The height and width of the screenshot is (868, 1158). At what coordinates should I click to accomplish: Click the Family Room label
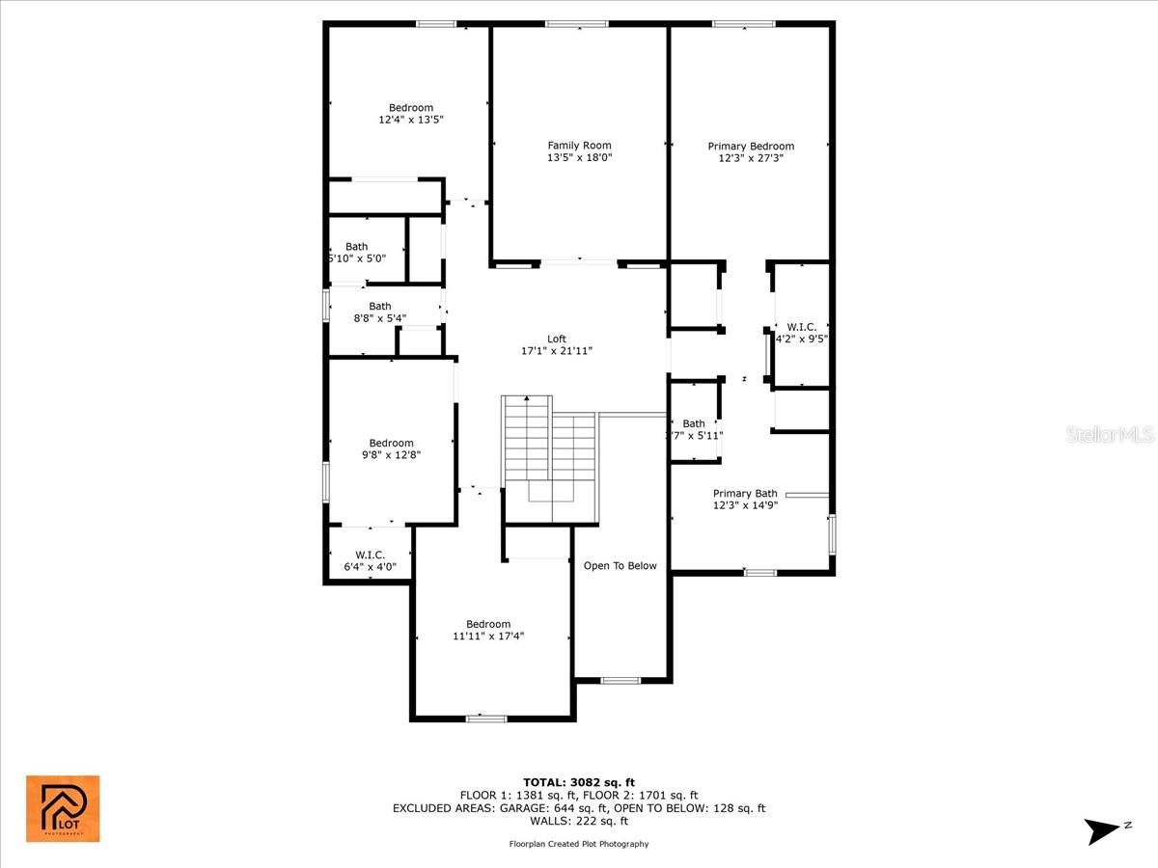579,146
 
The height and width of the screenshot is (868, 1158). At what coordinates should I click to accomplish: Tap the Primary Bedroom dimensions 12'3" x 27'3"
751,158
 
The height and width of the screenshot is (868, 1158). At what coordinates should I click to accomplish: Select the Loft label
557,339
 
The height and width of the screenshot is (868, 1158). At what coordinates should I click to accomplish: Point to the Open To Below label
620,566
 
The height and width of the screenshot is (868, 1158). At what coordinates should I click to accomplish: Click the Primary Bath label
745,494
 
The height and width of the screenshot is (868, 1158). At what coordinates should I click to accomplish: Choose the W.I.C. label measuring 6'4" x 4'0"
370,555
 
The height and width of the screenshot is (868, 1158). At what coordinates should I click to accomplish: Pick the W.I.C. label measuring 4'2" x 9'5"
801,327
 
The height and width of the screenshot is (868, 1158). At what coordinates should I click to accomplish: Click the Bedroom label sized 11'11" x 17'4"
488,624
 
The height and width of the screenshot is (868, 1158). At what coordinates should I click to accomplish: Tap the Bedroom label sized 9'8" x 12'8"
391,443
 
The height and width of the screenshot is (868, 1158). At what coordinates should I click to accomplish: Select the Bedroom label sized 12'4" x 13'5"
411,108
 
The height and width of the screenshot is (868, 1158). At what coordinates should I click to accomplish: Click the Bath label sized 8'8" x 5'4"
380,307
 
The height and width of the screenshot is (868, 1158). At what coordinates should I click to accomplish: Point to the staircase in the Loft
548,453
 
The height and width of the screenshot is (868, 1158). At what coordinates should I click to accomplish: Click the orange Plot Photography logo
63,808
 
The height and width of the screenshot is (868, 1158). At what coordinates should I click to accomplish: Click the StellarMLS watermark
1110,435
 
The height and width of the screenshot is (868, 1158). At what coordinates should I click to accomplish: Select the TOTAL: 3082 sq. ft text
578,782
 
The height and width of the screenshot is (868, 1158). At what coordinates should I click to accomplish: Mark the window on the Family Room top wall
577,24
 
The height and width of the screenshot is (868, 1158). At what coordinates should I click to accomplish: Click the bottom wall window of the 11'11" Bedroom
486,718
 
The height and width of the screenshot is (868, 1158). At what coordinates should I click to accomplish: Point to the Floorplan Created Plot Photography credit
579,844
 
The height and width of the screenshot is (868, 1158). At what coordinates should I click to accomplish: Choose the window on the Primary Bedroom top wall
744,24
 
